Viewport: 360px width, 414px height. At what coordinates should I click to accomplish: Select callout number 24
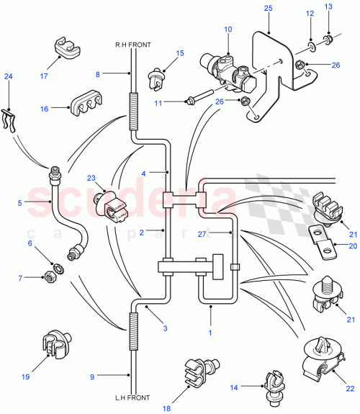pyautogui.click(x=8, y=76)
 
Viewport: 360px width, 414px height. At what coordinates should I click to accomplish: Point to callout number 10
pyautogui.click(x=228, y=29)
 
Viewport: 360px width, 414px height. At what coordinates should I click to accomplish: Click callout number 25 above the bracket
pyautogui.click(x=269, y=7)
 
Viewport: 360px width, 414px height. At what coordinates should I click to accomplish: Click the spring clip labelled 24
pyautogui.click(x=9, y=120)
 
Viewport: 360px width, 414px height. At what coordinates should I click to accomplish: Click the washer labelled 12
pyautogui.click(x=310, y=48)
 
